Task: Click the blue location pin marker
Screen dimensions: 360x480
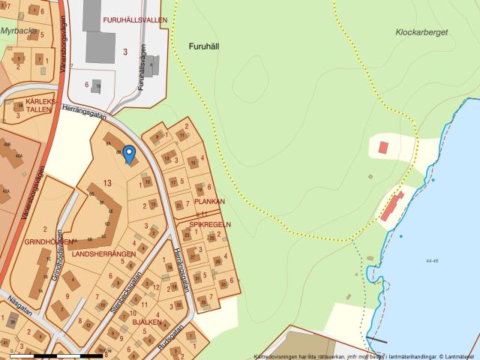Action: tap(128, 154)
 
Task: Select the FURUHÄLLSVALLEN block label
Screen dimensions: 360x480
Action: tap(136, 20)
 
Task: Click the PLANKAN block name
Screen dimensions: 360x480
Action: tap(209, 202)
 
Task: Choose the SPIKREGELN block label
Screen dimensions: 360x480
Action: tap(209, 224)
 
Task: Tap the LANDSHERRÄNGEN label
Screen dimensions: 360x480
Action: tap(103, 254)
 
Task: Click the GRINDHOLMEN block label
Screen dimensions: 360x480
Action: tap(48, 242)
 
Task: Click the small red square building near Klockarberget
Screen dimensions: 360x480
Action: tap(384, 147)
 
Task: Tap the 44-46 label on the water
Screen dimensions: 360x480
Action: tap(431, 261)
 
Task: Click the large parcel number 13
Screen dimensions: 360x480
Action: tap(108, 183)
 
